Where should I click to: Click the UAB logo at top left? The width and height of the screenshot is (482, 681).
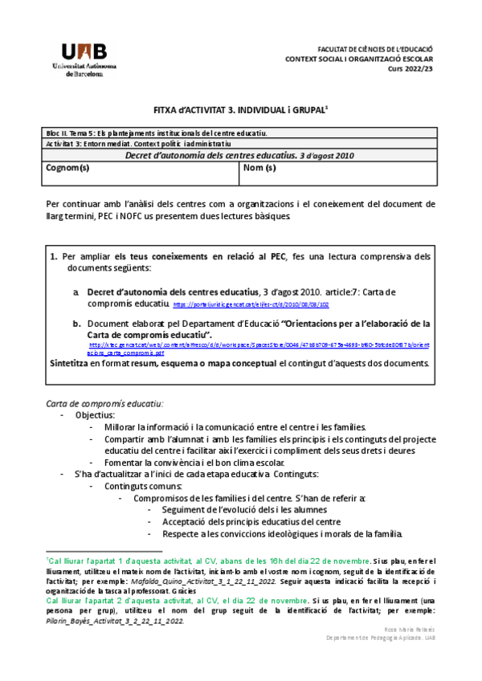click(x=84, y=58)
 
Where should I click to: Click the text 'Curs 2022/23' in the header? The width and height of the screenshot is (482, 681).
click(x=411, y=70)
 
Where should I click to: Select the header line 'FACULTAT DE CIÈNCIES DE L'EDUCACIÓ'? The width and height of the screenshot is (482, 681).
click(x=375, y=49)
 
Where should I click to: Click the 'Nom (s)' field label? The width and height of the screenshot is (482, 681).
click(x=259, y=169)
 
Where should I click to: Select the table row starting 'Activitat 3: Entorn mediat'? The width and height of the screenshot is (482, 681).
click(x=128, y=143)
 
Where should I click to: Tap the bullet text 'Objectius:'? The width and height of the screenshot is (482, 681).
click(x=95, y=415)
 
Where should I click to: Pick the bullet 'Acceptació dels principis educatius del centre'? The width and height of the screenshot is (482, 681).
click(x=251, y=522)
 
